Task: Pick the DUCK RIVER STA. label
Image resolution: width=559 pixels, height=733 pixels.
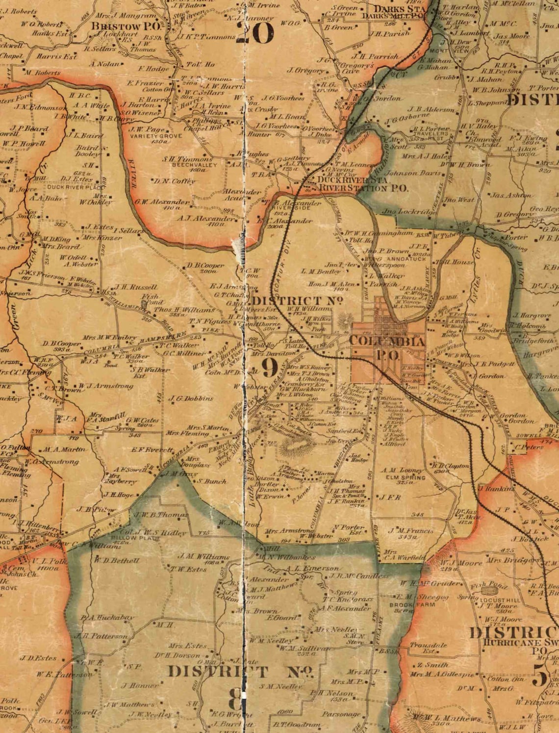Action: [x=353, y=180]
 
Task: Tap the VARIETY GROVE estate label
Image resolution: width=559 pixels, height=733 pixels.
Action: [x=148, y=135]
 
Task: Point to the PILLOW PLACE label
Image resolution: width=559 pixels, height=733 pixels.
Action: [x=129, y=538]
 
